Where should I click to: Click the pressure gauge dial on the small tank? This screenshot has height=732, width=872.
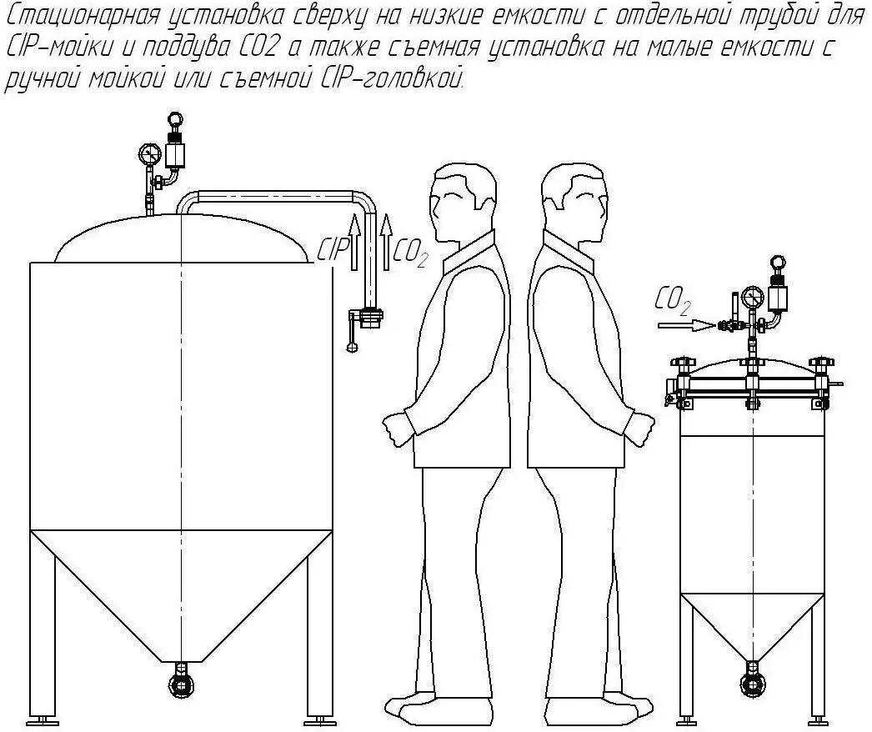(x=753, y=295)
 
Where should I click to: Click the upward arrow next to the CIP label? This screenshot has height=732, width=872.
(x=353, y=243)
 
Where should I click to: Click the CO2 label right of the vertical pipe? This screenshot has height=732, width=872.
(x=410, y=253)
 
